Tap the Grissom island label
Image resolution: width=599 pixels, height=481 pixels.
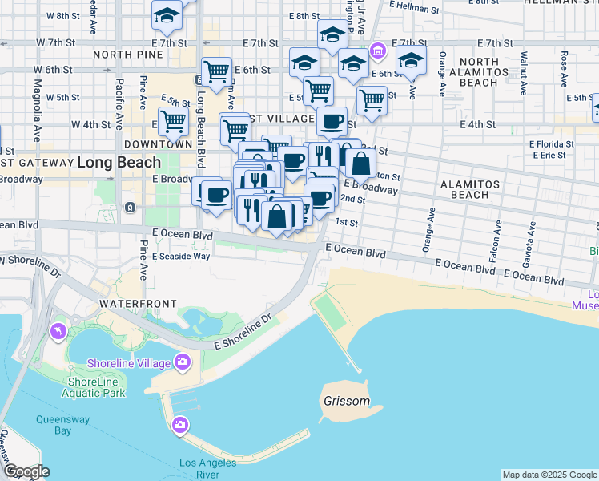point(347,401)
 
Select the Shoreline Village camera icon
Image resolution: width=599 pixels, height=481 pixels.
point(183,362)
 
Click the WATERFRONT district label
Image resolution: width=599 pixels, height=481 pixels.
point(131,305)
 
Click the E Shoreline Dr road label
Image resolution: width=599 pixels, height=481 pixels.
point(243,335)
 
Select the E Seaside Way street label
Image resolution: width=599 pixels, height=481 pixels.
point(180,257)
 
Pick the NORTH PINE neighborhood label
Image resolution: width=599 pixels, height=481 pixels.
point(128,55)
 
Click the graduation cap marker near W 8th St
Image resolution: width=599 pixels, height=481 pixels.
point(167,14)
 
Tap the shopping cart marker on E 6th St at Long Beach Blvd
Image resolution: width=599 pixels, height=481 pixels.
point(216,72)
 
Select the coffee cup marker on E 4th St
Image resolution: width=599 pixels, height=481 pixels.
point(331,122)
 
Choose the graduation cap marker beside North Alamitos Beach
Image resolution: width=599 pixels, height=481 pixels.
point(411,61)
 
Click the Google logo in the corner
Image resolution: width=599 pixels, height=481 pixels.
point(26,471)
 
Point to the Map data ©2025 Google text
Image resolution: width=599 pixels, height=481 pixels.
point(549,475)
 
